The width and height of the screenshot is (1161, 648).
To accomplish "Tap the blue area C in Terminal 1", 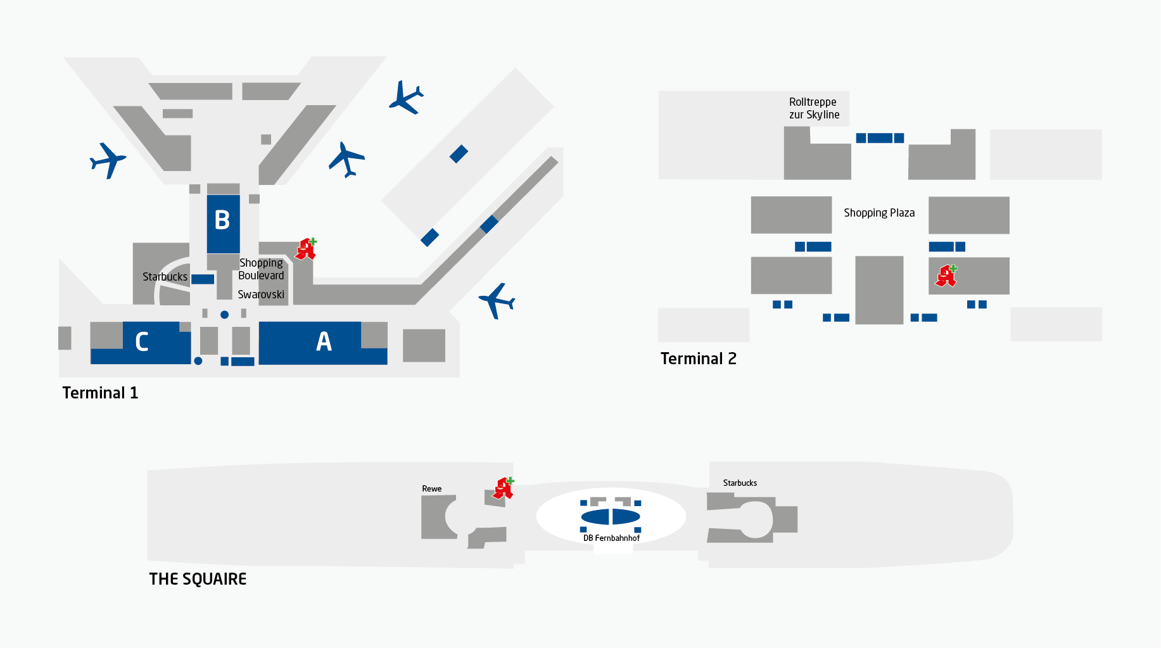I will [x=141, y=343].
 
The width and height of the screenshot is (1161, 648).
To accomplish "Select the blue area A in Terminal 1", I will [x=323, y=342].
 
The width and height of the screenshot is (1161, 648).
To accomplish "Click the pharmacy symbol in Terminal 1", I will [x=306, y=249].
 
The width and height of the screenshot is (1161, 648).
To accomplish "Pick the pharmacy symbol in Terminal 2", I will [x=946, y=276].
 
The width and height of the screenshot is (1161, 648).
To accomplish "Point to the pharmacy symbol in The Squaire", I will [x=504, y=488].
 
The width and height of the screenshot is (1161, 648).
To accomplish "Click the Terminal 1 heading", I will [x=100, y=393].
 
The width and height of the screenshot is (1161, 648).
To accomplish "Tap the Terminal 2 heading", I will [x=698, y=359].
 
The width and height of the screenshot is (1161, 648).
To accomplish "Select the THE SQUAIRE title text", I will [x=198, y=579].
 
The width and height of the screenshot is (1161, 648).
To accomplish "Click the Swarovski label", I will [x=261, y=295].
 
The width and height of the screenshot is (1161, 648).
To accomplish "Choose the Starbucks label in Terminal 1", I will [x=165, y=277].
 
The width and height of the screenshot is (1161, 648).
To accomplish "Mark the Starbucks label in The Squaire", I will [x=740, y=483].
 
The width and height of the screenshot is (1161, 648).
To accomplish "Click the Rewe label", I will [x=431, y=488].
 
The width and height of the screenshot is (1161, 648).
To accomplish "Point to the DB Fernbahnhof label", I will [x=611, y=538].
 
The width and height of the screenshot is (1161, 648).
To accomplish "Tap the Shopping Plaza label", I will [x=879, y=213].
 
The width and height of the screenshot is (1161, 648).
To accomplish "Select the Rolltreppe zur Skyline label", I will [x=814, y=108].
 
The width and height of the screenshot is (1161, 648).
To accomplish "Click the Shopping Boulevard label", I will [x=261, y=269].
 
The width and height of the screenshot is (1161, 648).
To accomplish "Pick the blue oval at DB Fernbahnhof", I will [x=611, y=517].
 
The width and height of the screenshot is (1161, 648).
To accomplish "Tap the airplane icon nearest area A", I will [x=497, y=300].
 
